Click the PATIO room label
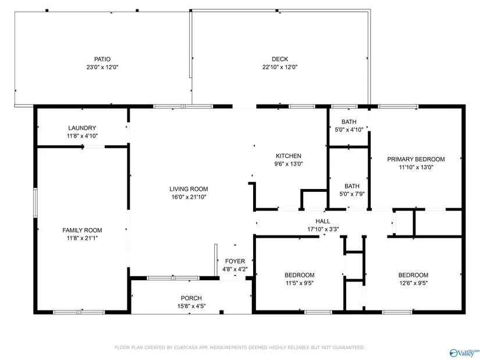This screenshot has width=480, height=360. pos(102,59)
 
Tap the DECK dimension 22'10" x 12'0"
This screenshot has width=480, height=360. pos(280,67)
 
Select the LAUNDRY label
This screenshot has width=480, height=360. pos(82,128)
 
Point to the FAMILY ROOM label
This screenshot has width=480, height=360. pos(82,230)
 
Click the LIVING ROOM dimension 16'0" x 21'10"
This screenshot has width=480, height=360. pos(189,197)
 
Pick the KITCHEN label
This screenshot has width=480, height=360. pos(289,156)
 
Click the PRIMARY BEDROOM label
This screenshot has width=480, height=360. pos(416,159)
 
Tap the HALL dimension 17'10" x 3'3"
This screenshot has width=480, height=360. pos(323,229)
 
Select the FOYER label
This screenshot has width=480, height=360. pos(235,261)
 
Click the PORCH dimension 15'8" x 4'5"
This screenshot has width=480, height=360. pos(191,306)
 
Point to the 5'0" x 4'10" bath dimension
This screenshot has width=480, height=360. pos(349,130)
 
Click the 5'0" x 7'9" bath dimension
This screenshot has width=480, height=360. pos(352,194)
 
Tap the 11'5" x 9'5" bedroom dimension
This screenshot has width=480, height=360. pos(300,283)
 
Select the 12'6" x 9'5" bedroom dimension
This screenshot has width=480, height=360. pos(413,283)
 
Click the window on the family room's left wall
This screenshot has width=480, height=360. pos(35,202)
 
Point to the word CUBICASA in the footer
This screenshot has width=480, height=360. pos(185,348)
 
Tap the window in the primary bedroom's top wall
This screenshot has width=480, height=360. pos(398,106)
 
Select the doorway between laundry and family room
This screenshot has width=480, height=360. pos(94,147)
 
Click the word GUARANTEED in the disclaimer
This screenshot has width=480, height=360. pos(349,348)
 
